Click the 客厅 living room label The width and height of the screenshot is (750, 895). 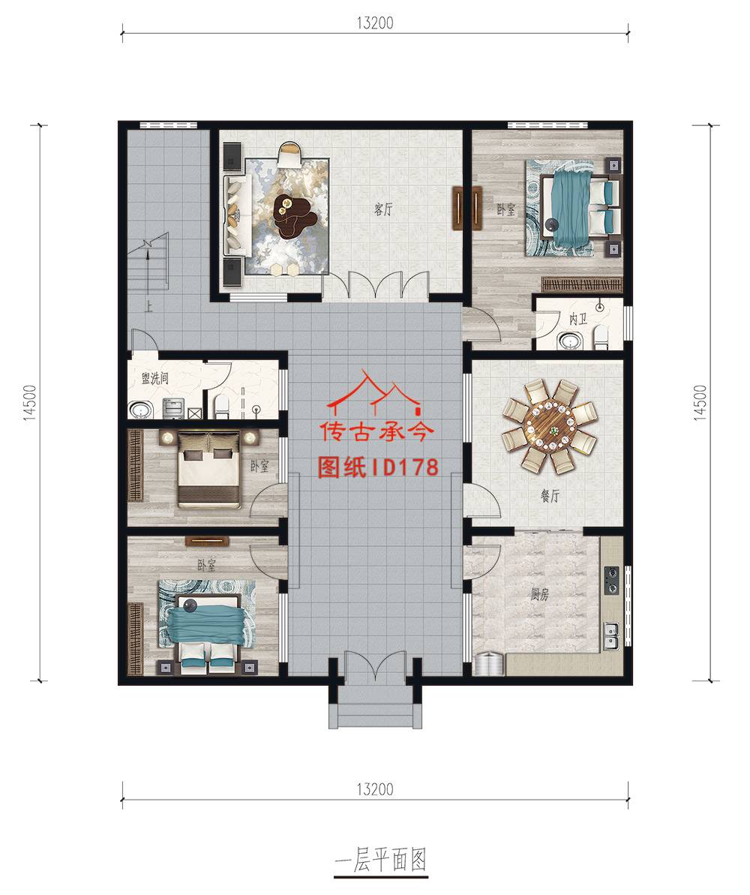pos(383,209)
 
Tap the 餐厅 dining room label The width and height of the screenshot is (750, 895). pos(550,496)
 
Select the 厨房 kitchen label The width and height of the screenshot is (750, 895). pos(539,594)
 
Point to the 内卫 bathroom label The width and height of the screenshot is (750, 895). pos(577,319)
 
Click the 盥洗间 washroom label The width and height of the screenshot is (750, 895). pos(154,378)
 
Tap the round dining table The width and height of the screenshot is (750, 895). pos(549,426)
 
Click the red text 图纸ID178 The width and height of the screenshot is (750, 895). pos(377,467)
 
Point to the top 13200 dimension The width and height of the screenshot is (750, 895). pos(375,23)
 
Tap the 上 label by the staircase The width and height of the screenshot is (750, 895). pos(148,307)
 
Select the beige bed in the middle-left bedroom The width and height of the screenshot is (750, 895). pos(208,470)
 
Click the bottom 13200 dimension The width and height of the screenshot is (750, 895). pos(375,789)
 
